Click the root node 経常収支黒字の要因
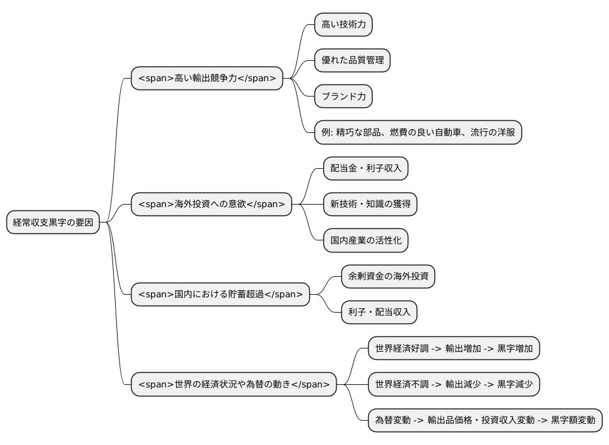click(x=53, y=222)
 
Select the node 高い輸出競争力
click(x=206, y=79)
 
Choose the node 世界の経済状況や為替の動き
click(x=233, y=384)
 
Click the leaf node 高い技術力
click(x=343, y=24)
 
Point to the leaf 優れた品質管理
click(x=352, y=60)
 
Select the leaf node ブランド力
click(x=343, y=97)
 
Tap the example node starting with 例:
click(x=418, y=132)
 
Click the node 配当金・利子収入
click(x=365, y=168)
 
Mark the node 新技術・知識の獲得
click(x=369, y=205)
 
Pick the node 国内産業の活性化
click(x=365, y=240)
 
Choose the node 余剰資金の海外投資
click(x=387, y=276)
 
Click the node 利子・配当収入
click(x=378, y=312)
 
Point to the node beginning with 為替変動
click(x=485, y=420)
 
